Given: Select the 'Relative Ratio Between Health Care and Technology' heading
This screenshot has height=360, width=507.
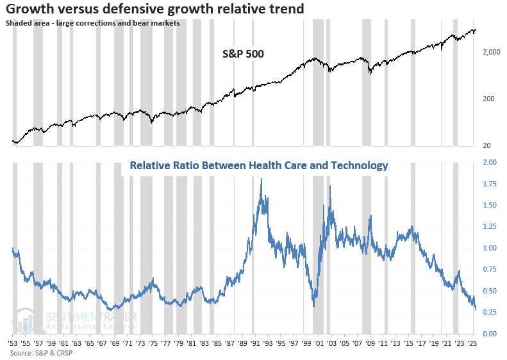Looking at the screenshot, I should [x=258, y=166].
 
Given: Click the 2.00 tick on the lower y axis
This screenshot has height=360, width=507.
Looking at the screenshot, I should [x=489, y=163].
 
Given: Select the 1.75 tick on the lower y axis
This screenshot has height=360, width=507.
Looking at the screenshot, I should [x=489, y=184].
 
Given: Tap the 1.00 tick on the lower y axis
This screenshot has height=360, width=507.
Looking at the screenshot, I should [x=489, y=249].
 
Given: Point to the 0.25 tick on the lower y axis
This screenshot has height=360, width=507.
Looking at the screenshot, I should [x=489, y=313].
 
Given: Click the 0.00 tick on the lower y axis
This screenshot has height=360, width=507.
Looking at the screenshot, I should [x=489, y=334].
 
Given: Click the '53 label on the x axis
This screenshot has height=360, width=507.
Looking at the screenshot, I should [x=13, y=344].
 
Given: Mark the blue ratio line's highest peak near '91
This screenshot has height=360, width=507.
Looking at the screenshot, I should [x=261, y=180].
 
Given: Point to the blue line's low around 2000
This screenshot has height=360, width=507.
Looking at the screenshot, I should [x=313, y=306].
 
